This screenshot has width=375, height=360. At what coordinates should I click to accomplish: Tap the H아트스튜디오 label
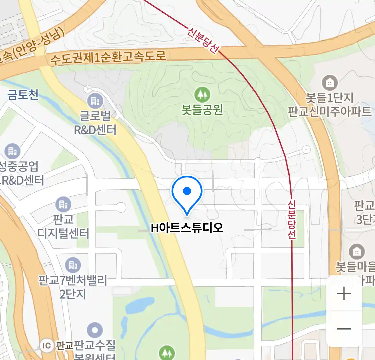[x=187, y=228]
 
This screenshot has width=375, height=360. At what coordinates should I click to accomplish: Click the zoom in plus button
[x=344, y=294]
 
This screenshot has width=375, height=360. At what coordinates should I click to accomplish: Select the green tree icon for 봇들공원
[x=202, y=95]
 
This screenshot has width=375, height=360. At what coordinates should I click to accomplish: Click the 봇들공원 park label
[x=202, y=109]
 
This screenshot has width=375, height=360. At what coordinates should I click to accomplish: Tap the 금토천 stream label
[x=23, y=95]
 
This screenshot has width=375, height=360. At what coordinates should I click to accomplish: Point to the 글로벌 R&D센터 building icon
[x=95, y=101]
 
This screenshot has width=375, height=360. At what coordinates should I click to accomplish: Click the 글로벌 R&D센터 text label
[x=95, y=123]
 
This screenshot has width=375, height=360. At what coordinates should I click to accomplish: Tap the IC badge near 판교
[x=47, y=345]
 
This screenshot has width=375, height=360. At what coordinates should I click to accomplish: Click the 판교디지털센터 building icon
[x=63, y=204]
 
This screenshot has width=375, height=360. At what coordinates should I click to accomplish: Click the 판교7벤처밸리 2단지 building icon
[x=73, y=265]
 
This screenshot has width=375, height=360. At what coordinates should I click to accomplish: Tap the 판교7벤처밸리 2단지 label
[x=73, y=286]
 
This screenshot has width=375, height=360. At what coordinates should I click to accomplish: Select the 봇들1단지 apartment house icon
[x=330, y=82]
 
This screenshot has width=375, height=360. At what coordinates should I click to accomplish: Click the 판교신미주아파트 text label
[x=329, y=111]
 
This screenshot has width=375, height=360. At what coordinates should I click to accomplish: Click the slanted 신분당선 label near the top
[x=203, y=40]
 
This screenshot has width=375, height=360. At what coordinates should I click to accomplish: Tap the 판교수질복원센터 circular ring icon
[x=95, y=330]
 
